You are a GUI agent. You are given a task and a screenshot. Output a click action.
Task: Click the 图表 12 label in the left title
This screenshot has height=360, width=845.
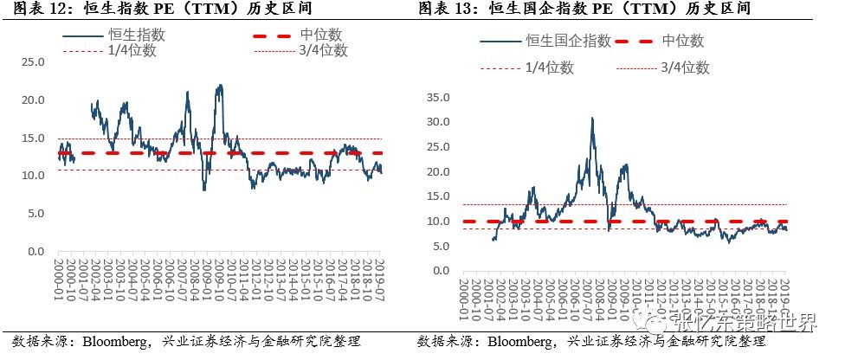(x=30, y=9)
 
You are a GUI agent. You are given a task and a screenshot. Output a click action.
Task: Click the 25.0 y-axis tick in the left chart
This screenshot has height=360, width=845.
(x=33, y=62)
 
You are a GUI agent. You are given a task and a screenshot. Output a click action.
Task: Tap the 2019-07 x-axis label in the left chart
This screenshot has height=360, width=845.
(x=378, y=282)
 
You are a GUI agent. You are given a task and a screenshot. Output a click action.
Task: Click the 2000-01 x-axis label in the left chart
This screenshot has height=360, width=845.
(x=58, y=282)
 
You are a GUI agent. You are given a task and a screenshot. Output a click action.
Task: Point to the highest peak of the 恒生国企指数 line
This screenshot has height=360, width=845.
(x=592, y=119)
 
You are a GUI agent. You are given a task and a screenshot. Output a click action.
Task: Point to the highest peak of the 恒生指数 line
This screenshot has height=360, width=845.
(x=221, y=85)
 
